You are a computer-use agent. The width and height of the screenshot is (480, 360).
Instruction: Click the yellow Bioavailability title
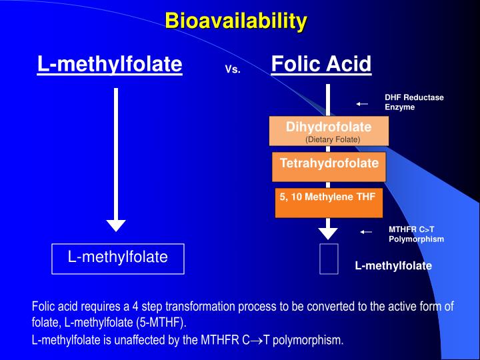click(x=236, y=21)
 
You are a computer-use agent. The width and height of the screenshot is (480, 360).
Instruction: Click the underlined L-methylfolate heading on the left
click(x=109, y=64)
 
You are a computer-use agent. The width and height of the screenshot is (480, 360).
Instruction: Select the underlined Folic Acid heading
click(x=321, y=64)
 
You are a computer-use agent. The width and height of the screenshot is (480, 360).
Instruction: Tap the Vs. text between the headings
click(x=233, y=69)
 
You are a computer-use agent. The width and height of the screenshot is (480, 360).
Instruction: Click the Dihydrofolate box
click(x=329, y=131)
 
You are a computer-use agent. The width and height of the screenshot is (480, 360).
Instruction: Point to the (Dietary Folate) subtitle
click(x=333, y=139)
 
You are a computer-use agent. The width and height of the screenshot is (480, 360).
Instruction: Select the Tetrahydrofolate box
click(x=329, y=167)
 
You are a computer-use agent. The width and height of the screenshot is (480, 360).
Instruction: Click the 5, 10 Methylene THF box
click(x=329, y=203)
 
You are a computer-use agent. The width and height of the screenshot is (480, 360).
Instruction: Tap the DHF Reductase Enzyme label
click(x=414, y=102)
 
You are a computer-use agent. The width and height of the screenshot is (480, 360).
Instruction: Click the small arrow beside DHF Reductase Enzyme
click(x=362, y=104)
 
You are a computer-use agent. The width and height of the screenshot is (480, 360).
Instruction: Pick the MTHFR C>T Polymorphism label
click(x=416, y=234)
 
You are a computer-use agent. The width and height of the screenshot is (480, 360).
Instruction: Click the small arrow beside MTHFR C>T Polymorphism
click(x=366, y=232)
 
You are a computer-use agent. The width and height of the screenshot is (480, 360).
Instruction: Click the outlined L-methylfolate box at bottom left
click(x=118, y=259)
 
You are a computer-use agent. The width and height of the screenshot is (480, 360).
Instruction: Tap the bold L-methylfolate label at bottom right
click(x=393, y=265)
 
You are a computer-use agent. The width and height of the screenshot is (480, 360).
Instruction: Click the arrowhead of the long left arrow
click(x=116, y=225)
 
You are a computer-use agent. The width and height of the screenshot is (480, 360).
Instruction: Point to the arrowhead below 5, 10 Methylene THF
click(x=328, y=233)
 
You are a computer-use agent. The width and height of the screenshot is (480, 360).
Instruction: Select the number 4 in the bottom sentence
click(x=135, y=307)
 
